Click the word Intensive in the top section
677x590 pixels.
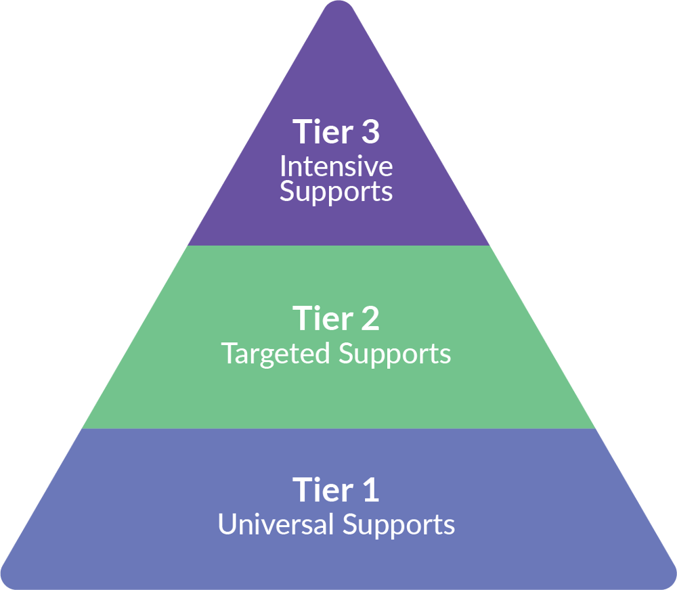[x=336, y=166]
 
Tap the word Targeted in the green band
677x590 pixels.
[x=276, y=354]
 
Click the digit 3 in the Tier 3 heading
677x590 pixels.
[x=369, y=131]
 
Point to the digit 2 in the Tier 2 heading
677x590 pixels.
[x=369, y=318]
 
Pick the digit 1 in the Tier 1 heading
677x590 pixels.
[x=370, y=489]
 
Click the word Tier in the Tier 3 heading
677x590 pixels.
[x=321, y=131]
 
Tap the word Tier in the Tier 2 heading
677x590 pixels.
[x=321, y=318]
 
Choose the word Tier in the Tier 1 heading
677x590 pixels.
[x=321, y=489]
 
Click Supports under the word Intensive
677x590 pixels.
[x=336, y=192]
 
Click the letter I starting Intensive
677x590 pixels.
[x=283, y=166]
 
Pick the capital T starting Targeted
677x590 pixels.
[x=229, y=354]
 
